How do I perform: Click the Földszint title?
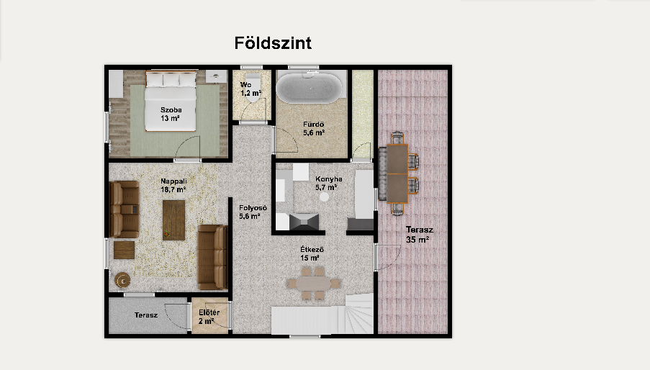tap(273, 43)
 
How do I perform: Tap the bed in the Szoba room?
tap(171, 101)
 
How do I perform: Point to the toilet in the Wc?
tap(252, 87)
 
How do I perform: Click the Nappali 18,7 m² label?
tap(173, 186)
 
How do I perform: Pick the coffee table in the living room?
tap(173, 220)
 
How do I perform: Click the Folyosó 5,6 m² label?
tap(253, 212)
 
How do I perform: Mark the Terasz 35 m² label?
tap(419, 235)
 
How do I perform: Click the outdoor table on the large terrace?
tap(397, 173)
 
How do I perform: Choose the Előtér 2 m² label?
tap(209, 317)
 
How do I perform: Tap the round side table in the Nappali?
tap(122, 280)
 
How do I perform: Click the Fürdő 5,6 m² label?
tap(313, 128)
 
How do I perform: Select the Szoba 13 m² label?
tap(171, 114)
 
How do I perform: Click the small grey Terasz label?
tap(146, 315)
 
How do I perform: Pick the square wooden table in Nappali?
tap(124, 250)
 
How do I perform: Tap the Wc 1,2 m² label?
tap(250, 89)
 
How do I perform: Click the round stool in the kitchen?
tap(324, 197)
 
